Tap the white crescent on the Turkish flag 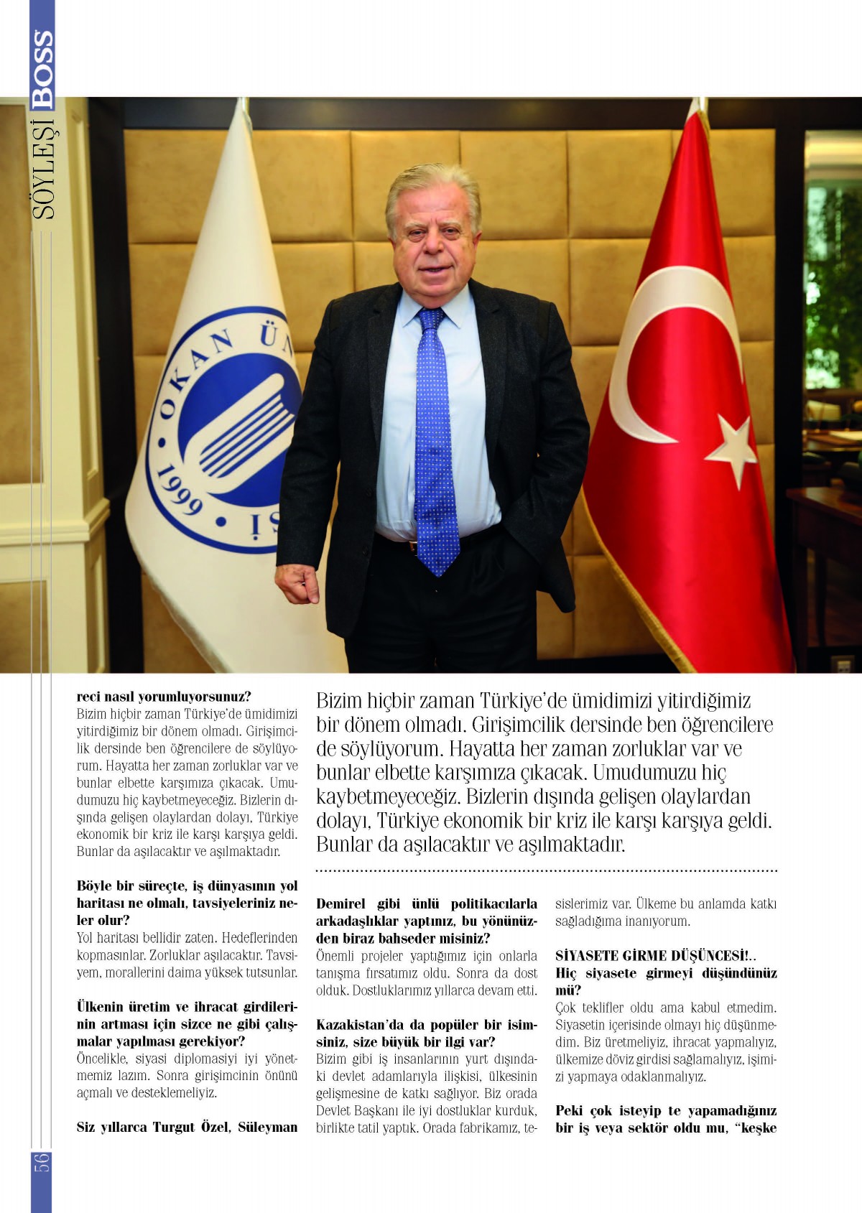coord(646,352)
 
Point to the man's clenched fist coord(297,584)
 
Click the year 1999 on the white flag coord(178,491)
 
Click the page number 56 coord(42,1162)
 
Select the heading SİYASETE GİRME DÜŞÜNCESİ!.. coord(655,956)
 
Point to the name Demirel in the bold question coord(341,903)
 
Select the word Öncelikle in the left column coord(102,1059)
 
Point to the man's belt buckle coord(412,546)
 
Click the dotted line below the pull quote coord(546,871)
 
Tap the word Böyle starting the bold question coord(94,886)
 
